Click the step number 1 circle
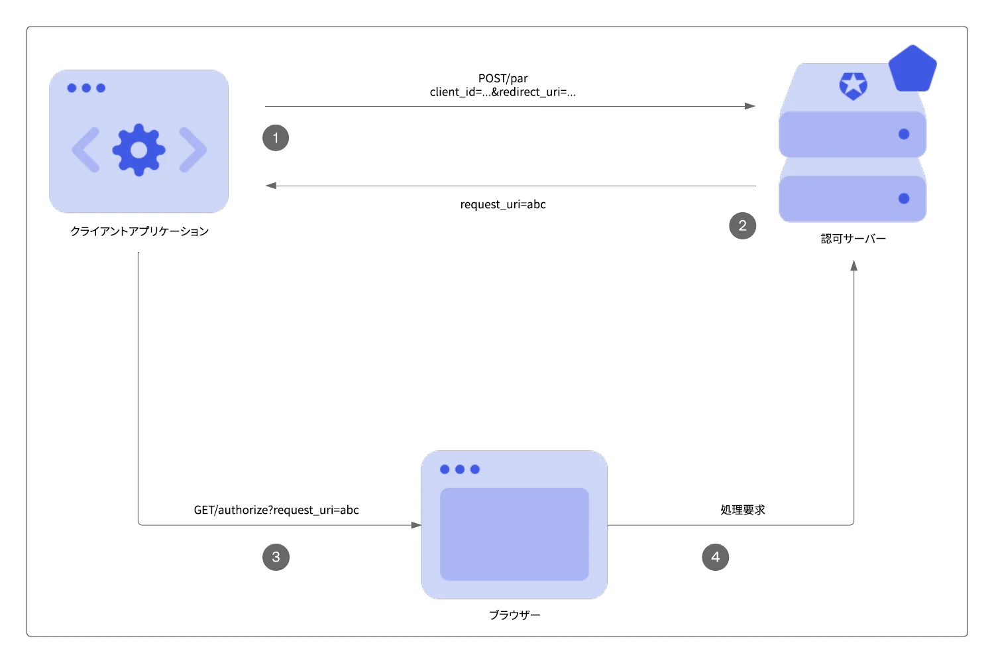pos(276,138)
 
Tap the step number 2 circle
pos(742,225)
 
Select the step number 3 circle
pos(276,557)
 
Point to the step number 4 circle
pos(715,557)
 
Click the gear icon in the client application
pos(139,150)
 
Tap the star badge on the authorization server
pos(853,86)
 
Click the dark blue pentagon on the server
pos(912,69)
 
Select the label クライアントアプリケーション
pos(139,231)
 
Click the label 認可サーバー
pos(853,239)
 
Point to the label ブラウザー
pos(514,615)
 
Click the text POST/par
pos(503,79)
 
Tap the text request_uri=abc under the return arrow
pos(503,204)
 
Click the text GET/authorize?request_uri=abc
pos(276,510)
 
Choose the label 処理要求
pos(742,510)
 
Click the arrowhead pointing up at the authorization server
pos(854,266)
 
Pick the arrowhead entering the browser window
pos(416,525)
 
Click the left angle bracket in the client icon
pos(85,150)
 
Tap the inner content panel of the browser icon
pos(514,534)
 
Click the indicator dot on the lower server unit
pos(904,198)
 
